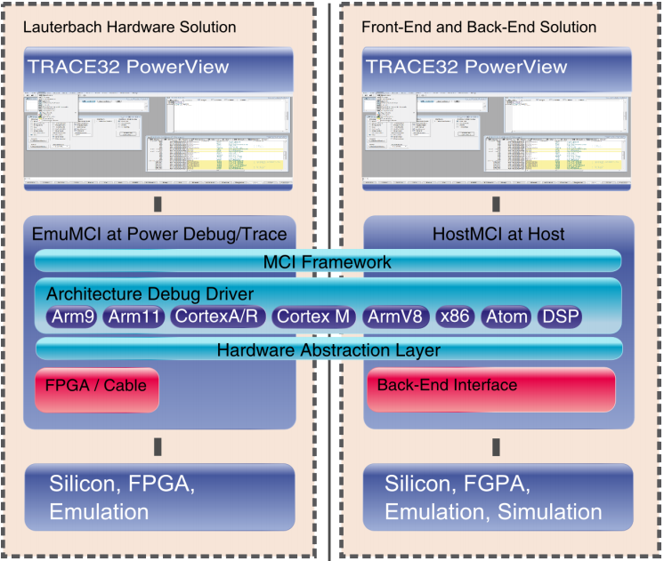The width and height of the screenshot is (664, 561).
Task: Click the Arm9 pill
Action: click(x=71, y=317)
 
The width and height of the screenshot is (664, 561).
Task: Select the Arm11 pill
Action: click(x=133, y=317)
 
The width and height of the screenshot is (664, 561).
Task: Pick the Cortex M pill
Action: click(x=314, y=317)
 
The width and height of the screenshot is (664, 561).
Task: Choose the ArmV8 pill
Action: click(x=396, y=317)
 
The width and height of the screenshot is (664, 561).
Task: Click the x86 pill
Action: click(x=456, y=317)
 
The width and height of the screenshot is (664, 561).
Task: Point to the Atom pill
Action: click(x=506, y=317)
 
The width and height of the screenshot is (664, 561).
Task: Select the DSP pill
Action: click(x=560, y=317)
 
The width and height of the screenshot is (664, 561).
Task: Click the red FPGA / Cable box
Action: click(x=98, y=388)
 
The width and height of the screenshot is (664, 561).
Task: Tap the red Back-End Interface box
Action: click(x=490, y=389)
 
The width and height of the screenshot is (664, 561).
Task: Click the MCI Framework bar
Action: click(x=328, y=262)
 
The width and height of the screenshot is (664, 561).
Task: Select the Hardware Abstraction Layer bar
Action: click(x=328, y=350)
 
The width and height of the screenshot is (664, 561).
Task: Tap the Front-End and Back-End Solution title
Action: click(x=479, y=28)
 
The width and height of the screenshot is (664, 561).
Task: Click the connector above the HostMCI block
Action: click(x=496, y=204)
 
